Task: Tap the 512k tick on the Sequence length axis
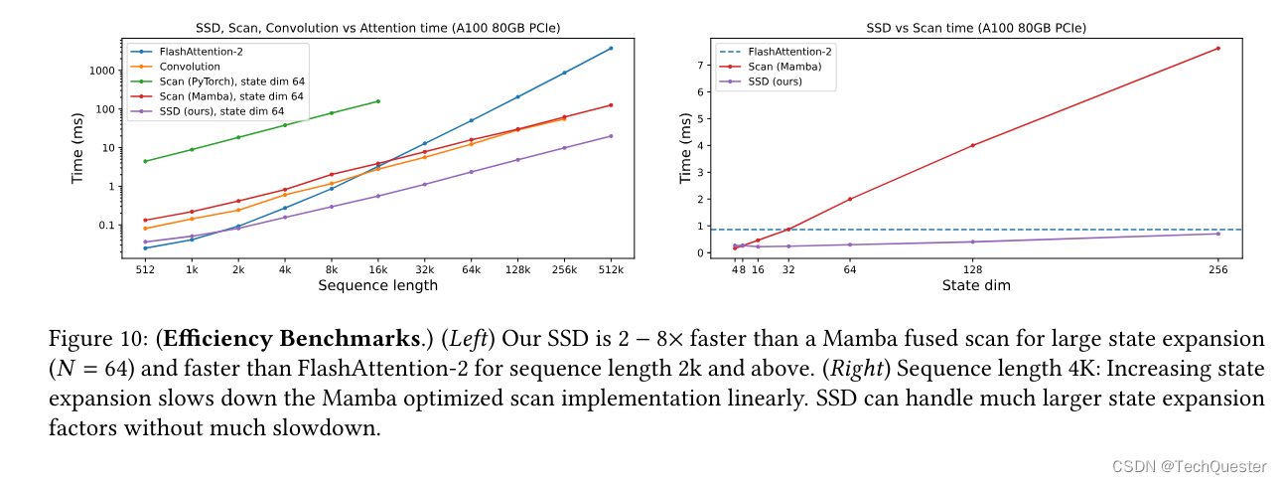click(610, 269)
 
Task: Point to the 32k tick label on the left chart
click(425, 269)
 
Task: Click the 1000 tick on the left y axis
click(103, 71)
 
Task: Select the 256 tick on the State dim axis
click(1217, 269)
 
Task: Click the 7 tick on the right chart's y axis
click(700, 66)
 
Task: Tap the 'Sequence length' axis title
click(377, 286)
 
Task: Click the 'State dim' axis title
click(976, 286)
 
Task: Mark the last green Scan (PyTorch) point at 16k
click(378, 101)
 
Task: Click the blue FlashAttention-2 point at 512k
click(611, 48)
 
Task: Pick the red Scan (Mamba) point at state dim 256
click(1217, 48)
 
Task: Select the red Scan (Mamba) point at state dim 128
click(972, 145)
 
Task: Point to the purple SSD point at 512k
click(611, 136)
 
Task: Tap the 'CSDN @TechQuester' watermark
click(1189, 466)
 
